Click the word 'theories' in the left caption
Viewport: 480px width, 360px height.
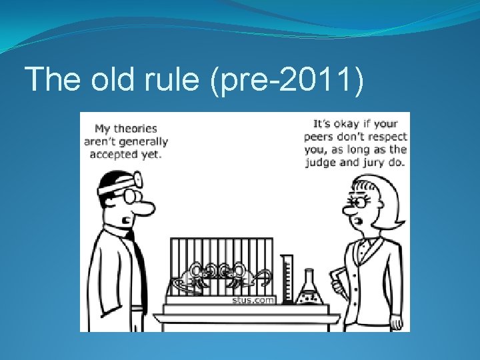[x=135, y=129]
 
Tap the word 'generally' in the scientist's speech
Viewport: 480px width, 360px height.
[x=143, y=141]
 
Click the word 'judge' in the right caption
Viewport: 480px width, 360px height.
[x=323, y=161]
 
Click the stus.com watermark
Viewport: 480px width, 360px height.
[x=245, y=300]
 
